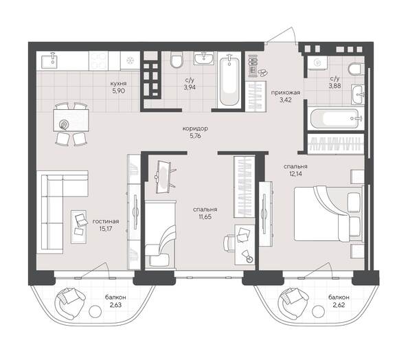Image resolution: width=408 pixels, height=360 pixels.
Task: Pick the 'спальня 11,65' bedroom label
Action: click(205, 214)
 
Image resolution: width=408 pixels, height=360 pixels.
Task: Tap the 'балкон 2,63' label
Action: click(115, 302)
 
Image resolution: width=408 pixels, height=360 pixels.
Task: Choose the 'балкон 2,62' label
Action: click(338, 302)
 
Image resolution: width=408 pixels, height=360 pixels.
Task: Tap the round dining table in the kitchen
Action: click(65, 124)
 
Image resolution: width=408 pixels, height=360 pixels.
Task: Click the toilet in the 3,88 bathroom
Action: click(354, 69)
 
